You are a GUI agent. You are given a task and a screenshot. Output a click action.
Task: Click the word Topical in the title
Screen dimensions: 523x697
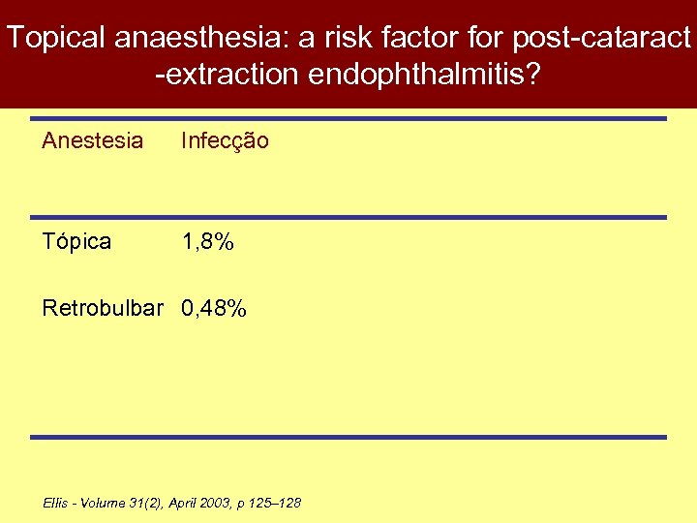[x=55, y=38]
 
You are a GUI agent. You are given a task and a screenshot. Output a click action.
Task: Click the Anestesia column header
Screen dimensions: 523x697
[x=92, y=141]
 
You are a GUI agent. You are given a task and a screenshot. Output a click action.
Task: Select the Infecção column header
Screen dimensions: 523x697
[x=225, y=141]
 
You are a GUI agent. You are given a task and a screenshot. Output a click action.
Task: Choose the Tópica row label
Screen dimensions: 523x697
[x=76, y=241]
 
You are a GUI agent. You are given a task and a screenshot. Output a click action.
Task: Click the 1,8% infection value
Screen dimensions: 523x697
[x=208, y=241]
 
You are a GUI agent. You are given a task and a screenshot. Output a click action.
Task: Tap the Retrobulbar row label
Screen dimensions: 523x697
[x=103, y=309]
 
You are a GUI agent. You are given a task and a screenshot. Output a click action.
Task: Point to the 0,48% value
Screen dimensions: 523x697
[x=215, y=309]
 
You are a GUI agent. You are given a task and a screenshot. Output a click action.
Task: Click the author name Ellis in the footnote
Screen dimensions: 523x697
[x=55, y=503]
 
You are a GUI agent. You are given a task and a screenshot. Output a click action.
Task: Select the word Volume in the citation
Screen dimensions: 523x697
[x=101, y=503]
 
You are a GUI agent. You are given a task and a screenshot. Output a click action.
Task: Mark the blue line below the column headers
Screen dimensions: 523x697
[x=348, y=217]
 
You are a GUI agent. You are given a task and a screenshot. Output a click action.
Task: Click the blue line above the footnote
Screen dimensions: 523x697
[x=348, y=437]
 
